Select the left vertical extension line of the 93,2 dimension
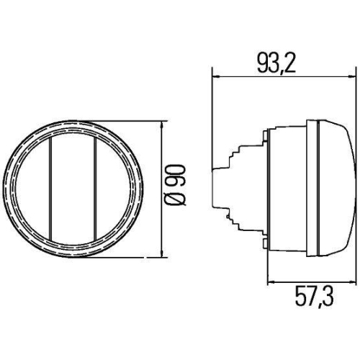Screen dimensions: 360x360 coord(211,115)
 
